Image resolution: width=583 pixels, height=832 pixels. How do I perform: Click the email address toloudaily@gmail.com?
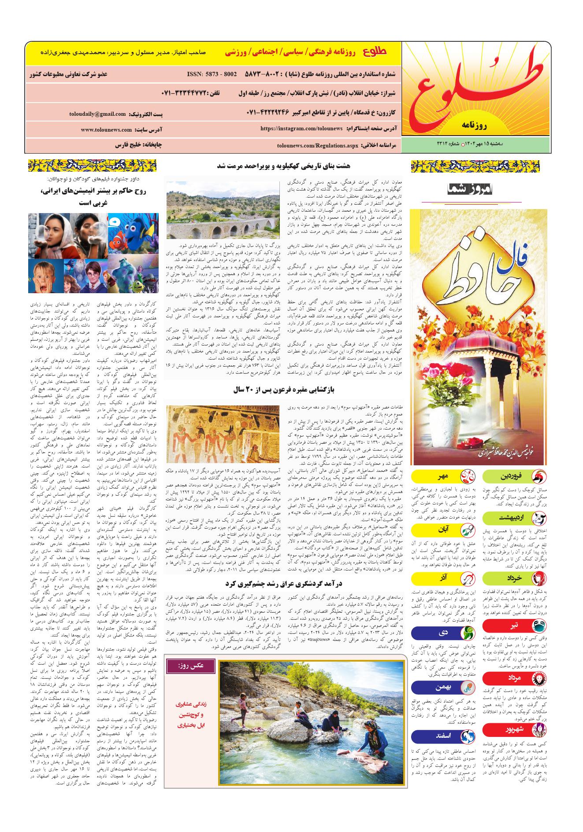tap(97, 114)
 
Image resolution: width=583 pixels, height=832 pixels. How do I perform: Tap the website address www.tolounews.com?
tap(106, 130)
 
